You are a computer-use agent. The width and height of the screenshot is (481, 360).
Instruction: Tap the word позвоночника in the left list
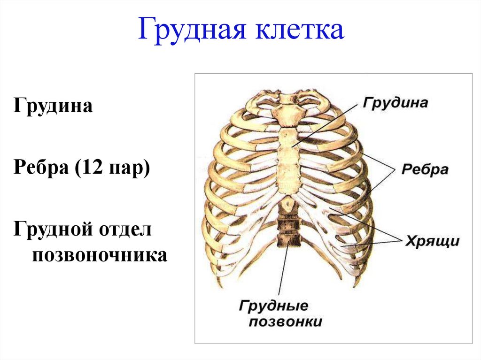[x=99, y=255]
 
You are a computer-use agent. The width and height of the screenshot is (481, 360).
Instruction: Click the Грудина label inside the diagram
[x=395, y=103]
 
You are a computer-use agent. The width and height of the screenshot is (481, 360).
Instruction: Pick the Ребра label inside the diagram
[x=425, y=169]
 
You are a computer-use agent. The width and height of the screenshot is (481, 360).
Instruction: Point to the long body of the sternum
[x=288, y=160]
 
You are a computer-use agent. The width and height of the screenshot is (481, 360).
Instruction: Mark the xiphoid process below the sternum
[x=287, y=203]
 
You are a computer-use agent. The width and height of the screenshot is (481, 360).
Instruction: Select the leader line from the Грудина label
[x=329, y=122]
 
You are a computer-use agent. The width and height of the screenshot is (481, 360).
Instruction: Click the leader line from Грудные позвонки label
[x=283, y=272]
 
